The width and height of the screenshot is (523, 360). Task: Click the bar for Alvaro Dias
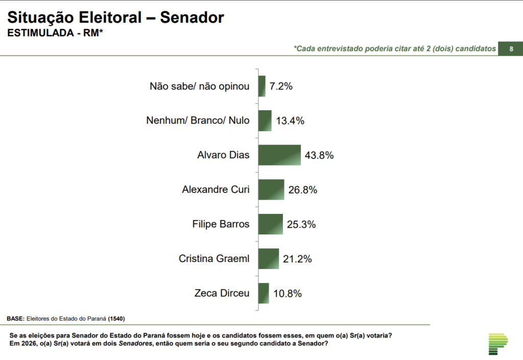tap(279, 155)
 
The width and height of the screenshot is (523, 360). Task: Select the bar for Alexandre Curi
tap(271, 189)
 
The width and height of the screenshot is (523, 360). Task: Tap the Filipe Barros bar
tap(270, 224)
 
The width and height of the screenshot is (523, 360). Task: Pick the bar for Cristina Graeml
tap(269, 259)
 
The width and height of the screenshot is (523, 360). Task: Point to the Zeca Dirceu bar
tap(264, 293)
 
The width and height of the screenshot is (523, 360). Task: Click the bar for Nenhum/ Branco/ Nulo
tap(265, 121)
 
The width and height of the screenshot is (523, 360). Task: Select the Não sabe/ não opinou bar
tap(262, 86)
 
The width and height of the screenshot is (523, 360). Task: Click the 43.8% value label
tap(319, 155)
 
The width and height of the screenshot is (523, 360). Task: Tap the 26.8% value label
tap(302, 190)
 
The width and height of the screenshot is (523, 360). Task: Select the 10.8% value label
tap(287, 294)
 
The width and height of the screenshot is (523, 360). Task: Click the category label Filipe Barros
tap(221, 224)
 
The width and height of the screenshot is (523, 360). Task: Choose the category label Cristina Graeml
tap(214, 259)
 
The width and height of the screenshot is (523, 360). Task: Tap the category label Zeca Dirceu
tap(222, 293)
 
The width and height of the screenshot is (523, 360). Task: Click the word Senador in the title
tap(192, 17)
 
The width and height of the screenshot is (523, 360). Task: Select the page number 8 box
tap(511, 49)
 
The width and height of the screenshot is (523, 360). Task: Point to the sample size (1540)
tap(116, 319)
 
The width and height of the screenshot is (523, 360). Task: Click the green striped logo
tap(498, 344)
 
